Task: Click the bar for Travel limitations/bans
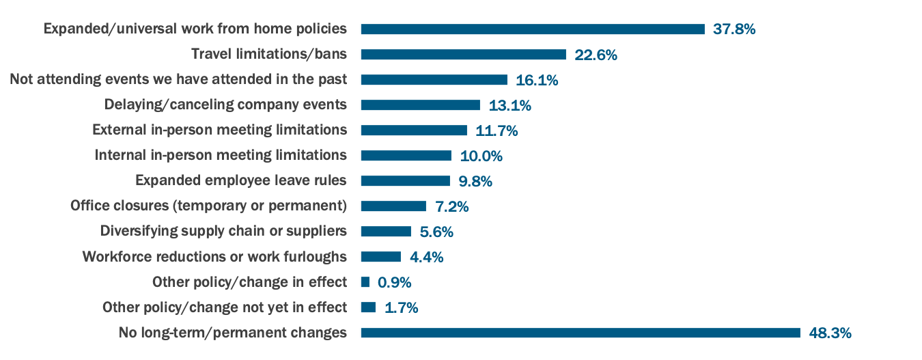(464, 55)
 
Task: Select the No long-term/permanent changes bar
(581, 333)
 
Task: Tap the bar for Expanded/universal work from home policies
(533, 29)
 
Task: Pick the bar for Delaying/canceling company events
(421, 105)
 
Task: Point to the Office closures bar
(393, 206)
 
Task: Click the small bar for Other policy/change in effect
(365, 282)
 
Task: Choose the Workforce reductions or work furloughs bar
(381, 257)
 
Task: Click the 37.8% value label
(734, 29)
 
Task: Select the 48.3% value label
(830, 333)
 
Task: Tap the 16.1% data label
(537, 81)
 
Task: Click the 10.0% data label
(481, 156)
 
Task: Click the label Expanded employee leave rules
(240, 181)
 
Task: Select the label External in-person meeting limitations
(219, 130)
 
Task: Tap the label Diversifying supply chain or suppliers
(223, 231)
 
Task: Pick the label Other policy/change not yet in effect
(224, 307)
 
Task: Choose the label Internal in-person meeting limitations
(221, 155)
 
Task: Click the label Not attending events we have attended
(178, 79)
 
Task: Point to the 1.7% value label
(402, 308)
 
